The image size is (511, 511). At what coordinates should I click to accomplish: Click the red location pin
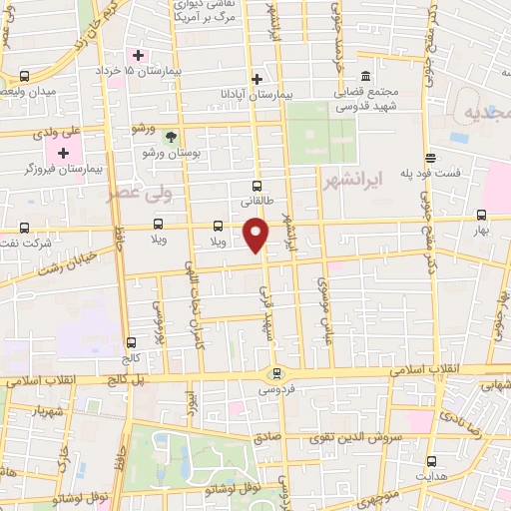(x=257, y=235)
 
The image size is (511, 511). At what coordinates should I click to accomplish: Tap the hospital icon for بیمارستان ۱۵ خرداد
(x=138, y=54)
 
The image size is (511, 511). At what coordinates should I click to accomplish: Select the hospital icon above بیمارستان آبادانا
(x=256, y=78)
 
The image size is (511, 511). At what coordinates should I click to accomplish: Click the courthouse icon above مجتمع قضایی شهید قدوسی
(x=365, y=77)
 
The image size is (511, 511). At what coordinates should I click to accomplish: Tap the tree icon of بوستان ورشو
(x=170, y=136)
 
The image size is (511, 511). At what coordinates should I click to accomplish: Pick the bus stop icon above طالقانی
(x=256, y=186)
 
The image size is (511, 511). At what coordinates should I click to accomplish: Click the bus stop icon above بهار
(x=482, y=215)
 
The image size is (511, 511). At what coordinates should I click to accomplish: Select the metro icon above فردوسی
(x=276, y=373)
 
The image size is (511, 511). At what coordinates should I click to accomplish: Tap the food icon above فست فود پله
(x=430, y=158)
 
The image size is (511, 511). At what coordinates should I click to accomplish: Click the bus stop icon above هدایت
(x=431, y=461)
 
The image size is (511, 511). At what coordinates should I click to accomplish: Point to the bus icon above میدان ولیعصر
(x=24, y=77)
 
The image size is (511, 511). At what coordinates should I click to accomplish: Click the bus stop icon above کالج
(x=131, y=342)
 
